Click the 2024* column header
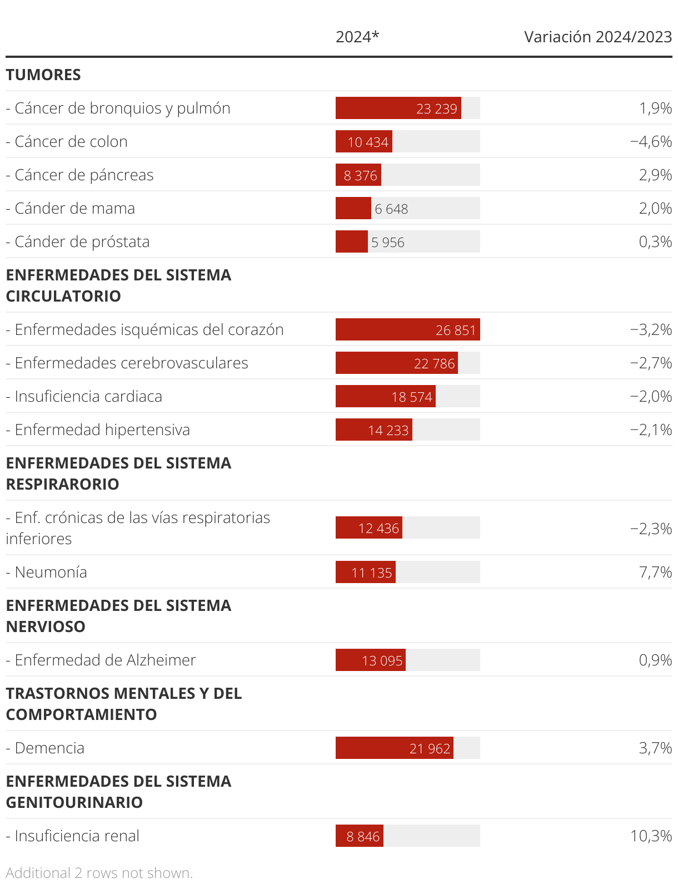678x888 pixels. tap(357, 37)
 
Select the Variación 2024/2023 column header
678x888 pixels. tap(598, 37)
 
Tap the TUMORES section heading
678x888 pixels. tap(43, 75)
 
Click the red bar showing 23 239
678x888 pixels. tap(398, 108)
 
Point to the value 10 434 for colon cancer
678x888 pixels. tap(367, 142)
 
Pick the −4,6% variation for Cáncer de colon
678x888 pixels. tap(651, 141)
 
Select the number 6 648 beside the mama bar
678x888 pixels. tap(391, 209)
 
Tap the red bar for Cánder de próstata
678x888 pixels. tap(351, 241)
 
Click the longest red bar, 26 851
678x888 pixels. tap(407, 329)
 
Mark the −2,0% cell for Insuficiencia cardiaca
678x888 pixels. tap(651, 396)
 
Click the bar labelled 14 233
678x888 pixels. tap(373, 430)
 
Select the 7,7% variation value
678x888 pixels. tap(655, 572)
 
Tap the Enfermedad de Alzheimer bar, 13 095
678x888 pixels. tap(370, 660)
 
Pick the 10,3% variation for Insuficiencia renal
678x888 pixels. tap(651, 836)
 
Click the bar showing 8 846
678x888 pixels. tap(359, 836)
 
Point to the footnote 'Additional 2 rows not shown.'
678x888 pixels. tap(99, 873)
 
